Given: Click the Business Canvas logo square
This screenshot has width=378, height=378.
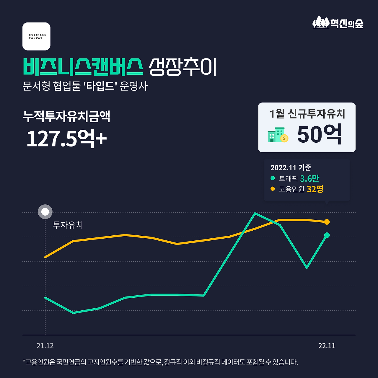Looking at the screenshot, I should pyautogui.click(x=36, y=36).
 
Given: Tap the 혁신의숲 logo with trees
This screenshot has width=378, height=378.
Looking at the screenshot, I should pyautogui.click(x=338, y=22).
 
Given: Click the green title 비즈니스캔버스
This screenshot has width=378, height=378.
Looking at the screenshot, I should pyautogui.click(x=83, y=67).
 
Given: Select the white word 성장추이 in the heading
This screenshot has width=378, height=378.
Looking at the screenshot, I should pyautogui.click(x=183, y=67).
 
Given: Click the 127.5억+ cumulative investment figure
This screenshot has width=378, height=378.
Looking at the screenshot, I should pyautogui.click(x=66, y=138).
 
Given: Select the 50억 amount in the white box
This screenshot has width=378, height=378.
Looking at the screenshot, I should pyautogui.click(x=320, y=135).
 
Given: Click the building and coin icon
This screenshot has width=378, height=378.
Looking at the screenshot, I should pyautogui.click(x=278, y=135).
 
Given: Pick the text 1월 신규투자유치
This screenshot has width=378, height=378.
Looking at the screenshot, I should pyautogui.click(x=307, y=114).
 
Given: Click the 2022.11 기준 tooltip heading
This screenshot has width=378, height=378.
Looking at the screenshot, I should pyautogui.click(x=291, y=168).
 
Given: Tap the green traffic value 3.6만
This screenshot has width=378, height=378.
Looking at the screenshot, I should pyautogui.click(x=309, y=178).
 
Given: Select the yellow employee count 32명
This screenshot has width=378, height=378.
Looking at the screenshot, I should pyautogui.click(x=315, y=189).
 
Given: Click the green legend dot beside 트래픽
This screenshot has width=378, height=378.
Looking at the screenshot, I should pyautogui.click(x=273, y=178).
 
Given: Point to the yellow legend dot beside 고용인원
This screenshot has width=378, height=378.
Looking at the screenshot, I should pyautogui.click(x=273, y=189).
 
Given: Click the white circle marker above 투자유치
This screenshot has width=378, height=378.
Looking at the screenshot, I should pyautogui.click(x=45, y=212).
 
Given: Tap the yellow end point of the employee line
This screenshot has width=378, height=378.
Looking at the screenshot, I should pyautogui.click(x=327, y=222).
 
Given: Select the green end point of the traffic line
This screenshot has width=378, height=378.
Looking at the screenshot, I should pyautogui.click(x=327, y=235).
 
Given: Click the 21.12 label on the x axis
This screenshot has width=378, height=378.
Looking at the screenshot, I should pyautogui.click(x=45, y=346).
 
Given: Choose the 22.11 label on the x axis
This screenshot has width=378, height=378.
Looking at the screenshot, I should pyautogui.click(x=327, y=346).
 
